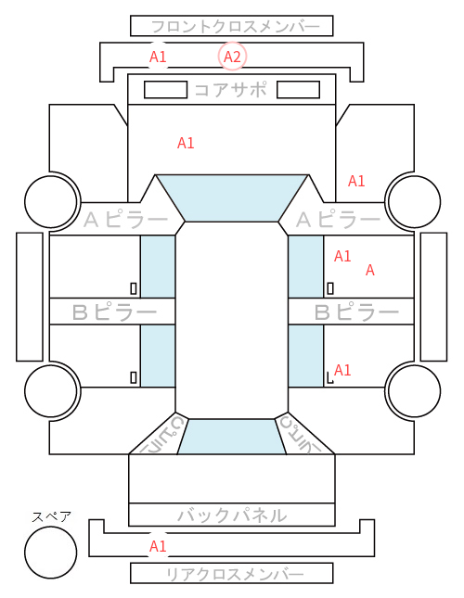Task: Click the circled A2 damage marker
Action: (x=232, y=57)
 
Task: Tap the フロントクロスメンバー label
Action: (x=235, y=27)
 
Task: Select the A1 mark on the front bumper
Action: (x=158, y=57)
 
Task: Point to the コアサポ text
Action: (x=230, y=90)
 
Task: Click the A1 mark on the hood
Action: (x=186, y=143)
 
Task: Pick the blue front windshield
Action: (x=232, y=197)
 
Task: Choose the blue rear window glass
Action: (x=232, y=437)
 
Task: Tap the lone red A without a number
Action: (x=369, y=271)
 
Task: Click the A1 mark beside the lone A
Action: (x=342, y=256)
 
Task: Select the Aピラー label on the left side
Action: (x=125, y=220)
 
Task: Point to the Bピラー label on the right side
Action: (x=356, y=312)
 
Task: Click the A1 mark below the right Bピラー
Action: (x=342, y=370)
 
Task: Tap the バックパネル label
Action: (x=232, y=515)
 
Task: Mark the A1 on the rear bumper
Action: (x=158, y=546)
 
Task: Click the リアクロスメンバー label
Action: (x=235, y=574)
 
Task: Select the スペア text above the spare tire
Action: (x=52, y=516)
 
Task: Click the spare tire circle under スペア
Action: (x=51, y=553)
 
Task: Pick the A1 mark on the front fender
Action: (x=356, y=181)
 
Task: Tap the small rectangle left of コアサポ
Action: (x=165, y=90)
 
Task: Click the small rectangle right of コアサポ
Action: (x=298, y=90)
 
